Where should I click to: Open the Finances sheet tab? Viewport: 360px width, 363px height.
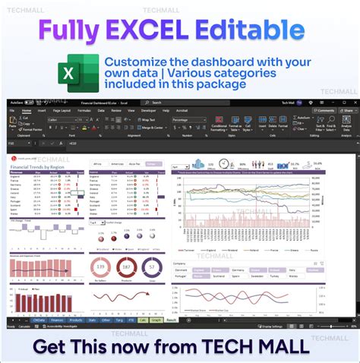57,320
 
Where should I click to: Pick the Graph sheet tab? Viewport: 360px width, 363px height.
155,320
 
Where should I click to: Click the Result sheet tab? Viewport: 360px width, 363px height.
171,320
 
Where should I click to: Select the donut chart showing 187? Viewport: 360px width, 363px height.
127,267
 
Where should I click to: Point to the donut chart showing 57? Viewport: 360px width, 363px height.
152,267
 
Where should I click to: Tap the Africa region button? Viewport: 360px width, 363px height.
98,163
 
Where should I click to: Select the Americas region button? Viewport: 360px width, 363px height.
118,163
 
